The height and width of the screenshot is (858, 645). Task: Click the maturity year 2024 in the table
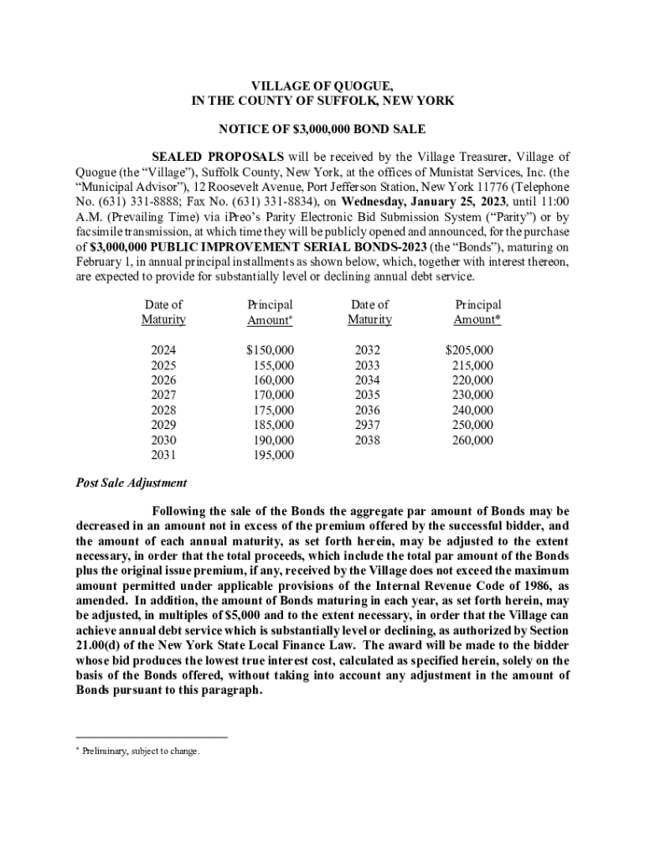pyautogui.click(x=163, y=351)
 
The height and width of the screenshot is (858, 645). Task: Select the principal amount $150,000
pyautogui.click(x=270, y=351)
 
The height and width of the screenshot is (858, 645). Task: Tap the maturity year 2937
pyautogui.click(x=368, y=425)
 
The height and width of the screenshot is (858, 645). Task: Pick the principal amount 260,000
pyautogui.click(x=472, y=440)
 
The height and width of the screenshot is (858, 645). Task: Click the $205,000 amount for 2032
pyautogui.click(x=469, y=351)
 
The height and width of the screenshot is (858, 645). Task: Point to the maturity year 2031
pyautogui.click(x=163, y=455)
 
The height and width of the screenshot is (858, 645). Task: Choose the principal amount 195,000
pyautogui.click(x=273, y=455)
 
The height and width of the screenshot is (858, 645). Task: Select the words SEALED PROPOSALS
pyautogui.click(x=218, y=157)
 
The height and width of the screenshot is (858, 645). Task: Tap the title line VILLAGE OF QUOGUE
pyautogui.click(x=322, y=85)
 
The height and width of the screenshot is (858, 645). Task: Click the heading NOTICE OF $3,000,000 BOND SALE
pyautogui.click(x=322, y=129)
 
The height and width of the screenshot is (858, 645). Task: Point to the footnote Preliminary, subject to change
pyautogui.click(x=142, y=752)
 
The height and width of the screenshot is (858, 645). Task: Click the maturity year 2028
pyautogui.click(x=163, y=411)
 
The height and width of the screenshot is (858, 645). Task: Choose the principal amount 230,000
pyautogui.click(x=472, y=395)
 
